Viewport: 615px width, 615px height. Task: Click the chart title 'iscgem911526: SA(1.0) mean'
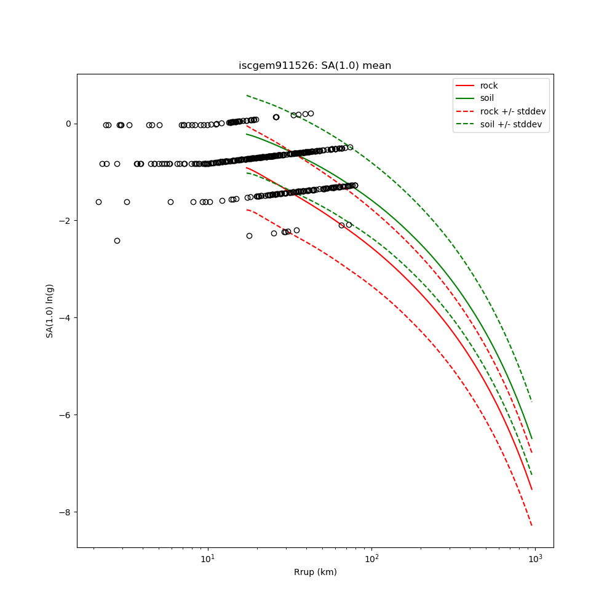click(315, 66)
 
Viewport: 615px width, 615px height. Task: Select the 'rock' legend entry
click(489, 85)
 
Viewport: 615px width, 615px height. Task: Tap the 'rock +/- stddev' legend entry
click(513, 111)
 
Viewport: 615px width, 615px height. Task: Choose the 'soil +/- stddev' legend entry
click(513, 124)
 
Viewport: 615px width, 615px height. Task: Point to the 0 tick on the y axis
click(68, 124)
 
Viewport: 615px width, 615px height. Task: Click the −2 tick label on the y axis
click(65, 221)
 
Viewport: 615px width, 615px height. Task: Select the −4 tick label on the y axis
click(65, 318)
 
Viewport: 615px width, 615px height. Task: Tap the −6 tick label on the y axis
click(65, 415)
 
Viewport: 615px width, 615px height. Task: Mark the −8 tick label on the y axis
click(65, 512)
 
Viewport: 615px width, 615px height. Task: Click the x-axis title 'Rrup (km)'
click(315, 572)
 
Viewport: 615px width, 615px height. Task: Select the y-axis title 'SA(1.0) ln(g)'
click(50, 311)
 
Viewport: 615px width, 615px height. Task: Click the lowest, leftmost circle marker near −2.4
click(117, 240)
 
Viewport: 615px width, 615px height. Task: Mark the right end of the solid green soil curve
click(532, 438)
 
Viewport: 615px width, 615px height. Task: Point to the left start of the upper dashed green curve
click(247, 95)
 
